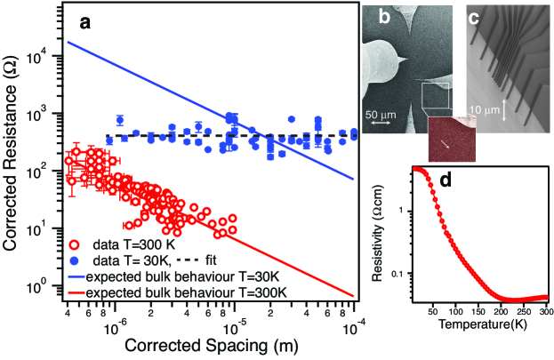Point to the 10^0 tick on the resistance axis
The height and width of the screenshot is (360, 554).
click(x=43, y=287)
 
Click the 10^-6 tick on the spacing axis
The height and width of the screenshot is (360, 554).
click(x=112, y=326)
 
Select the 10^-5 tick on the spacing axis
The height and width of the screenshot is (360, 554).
click(x=234, y=326)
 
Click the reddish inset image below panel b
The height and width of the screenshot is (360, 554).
click(x=451, y=138)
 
